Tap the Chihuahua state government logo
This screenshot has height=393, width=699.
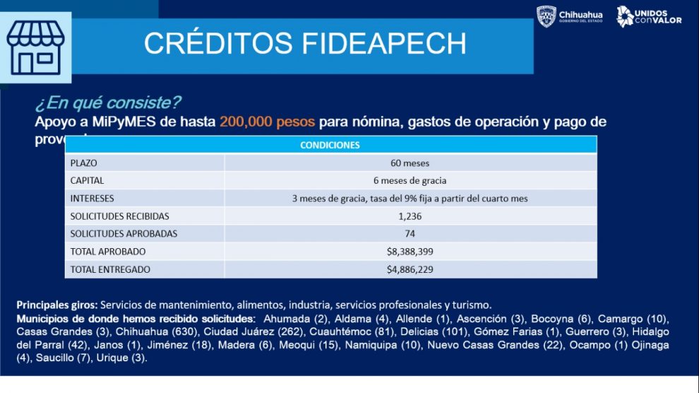(569, 17)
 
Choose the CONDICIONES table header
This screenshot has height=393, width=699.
(330, 145)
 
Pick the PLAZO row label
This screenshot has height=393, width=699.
(83, 163)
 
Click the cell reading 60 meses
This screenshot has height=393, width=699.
(410, 163)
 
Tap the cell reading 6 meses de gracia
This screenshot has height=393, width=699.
(410, 181)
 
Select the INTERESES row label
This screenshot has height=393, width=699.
(92, 199)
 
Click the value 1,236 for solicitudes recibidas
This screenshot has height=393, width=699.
(410, 216)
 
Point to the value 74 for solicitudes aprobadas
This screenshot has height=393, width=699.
(410, 233)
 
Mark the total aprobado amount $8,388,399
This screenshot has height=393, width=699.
(410, 252)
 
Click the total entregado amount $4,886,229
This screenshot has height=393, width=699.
(410, 269)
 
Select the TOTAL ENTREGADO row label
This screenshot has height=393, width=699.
(110, 269)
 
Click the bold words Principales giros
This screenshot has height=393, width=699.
(57, 305)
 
